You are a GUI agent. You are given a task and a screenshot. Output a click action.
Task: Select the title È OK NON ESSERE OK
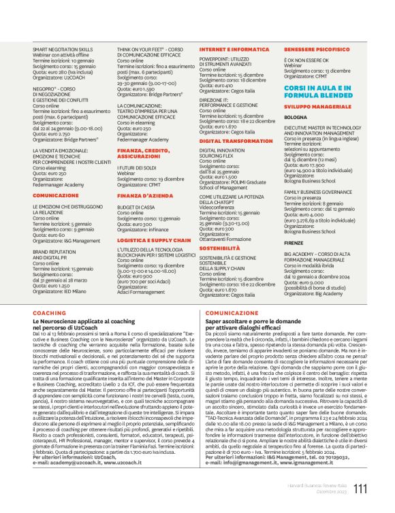click(306, 61)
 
